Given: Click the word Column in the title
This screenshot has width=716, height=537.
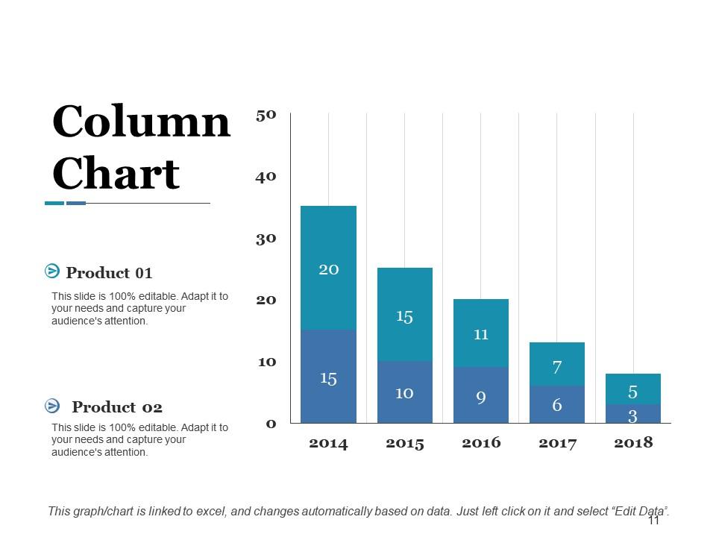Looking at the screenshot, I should pyautogui.click(x=141, y=122).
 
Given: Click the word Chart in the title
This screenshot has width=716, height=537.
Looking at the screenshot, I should pyautogui.click(x=116, y=174).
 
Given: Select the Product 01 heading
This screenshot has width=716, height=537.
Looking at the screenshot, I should pyautogui.click(x=109, y=273).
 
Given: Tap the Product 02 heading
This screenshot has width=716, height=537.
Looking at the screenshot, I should pyautogui.click(x=116, y=407).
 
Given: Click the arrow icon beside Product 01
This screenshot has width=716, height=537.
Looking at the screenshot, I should pyautogui.click(x=52, y=271).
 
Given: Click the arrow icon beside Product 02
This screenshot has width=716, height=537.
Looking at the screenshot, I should pyautogui.click(x=52, y=405).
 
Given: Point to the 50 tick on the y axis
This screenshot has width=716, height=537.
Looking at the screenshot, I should pyautogui.click(x=266, y=115).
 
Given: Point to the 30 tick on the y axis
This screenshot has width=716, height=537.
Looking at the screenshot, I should pyautogui.click(x=266, y=239).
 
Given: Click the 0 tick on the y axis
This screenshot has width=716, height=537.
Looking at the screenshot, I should pyautogui.click(x=271, y=424).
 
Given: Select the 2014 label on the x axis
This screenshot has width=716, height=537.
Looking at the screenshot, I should pyautogui.click(x=328, y=443).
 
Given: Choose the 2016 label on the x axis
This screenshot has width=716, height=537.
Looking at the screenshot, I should pyautogui.click(x=481, y=443).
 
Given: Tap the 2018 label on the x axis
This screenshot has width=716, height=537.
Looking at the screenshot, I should pyautogui.click(x=633, y=443).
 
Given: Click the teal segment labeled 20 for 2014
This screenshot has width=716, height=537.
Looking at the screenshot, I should pyautogui.click(x=328, y=268).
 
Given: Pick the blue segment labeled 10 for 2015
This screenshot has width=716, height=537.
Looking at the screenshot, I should pyautogui.click(x=404, y=392).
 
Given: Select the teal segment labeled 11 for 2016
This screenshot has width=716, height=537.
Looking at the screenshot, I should pyautogui.click(x=481, y=333).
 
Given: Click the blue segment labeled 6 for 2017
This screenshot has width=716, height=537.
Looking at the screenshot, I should pyautogui.click(x=557, y=405).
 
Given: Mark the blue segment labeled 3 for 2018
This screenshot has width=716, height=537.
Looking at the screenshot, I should pyautogui.click(x=632, y=414).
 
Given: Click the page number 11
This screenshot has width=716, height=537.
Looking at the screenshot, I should pyautogui.click(x=654, y=521).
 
